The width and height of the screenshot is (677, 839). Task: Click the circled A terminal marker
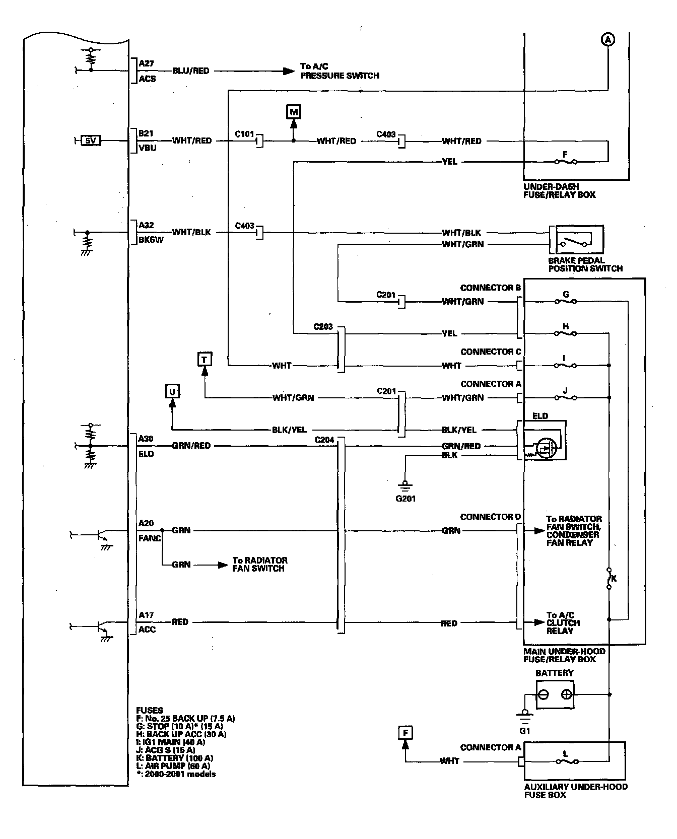608,39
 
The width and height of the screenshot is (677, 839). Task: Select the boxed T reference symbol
205,359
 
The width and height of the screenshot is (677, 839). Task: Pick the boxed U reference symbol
172,391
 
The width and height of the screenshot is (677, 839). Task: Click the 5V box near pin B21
91,141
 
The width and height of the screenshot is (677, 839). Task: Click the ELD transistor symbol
546,447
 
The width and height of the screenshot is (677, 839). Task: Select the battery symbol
555,694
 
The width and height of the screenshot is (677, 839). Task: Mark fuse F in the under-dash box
566,161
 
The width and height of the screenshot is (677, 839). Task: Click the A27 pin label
147,63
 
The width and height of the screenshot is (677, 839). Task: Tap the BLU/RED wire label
190,71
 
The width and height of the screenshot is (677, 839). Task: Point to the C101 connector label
245,134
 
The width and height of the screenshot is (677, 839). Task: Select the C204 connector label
324,440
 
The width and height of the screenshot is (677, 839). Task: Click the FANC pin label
150,538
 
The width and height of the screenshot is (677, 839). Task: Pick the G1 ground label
525,730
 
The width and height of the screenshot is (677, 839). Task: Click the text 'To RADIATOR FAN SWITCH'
259,564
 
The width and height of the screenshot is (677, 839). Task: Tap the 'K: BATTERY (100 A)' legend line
175,758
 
